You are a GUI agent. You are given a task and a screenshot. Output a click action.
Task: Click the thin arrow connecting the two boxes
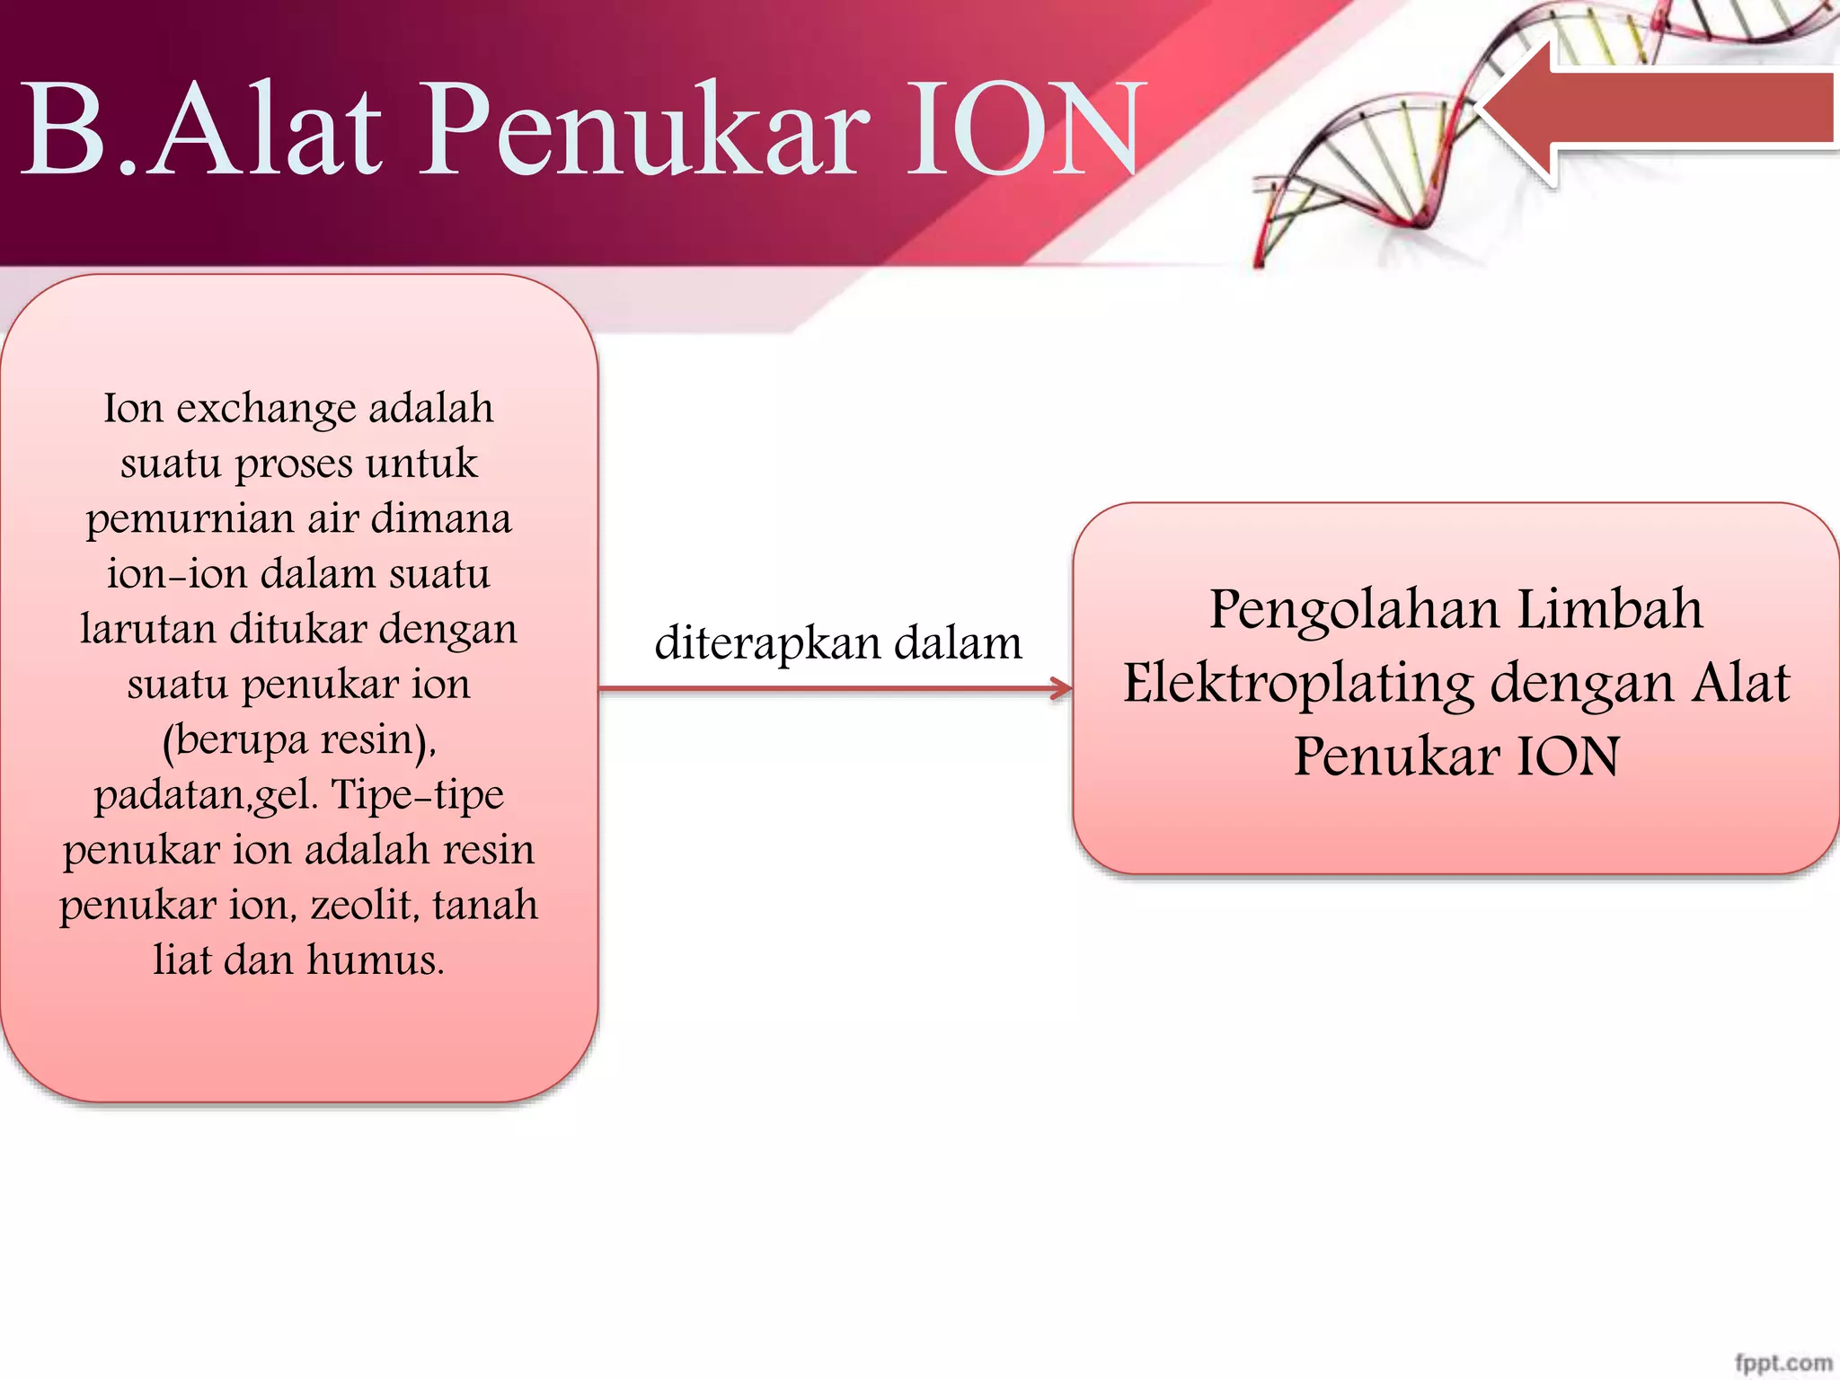(836, 689)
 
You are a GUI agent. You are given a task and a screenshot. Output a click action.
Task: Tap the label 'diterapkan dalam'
(838, 643)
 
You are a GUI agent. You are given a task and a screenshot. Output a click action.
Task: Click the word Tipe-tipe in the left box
(418, 795)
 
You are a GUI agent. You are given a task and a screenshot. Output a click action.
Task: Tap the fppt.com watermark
(1783, 1362)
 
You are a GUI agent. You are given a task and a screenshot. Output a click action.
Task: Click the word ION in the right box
(1568, 756)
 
